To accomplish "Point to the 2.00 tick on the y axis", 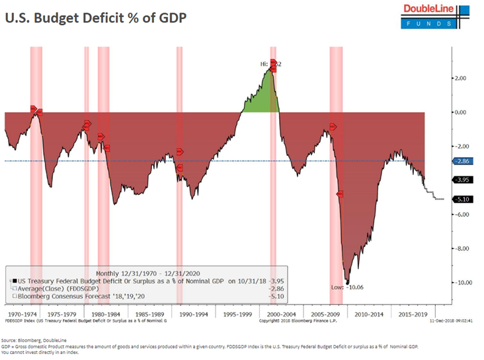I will (x=459, y=78).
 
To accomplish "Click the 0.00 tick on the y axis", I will (x=459, y=112).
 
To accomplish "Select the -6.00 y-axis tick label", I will (x=459, y=214).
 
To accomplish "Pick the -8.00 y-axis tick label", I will (x=459, y=248).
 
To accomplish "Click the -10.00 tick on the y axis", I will (x=460, y=282).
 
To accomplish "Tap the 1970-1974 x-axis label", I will (x=21, y=314).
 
